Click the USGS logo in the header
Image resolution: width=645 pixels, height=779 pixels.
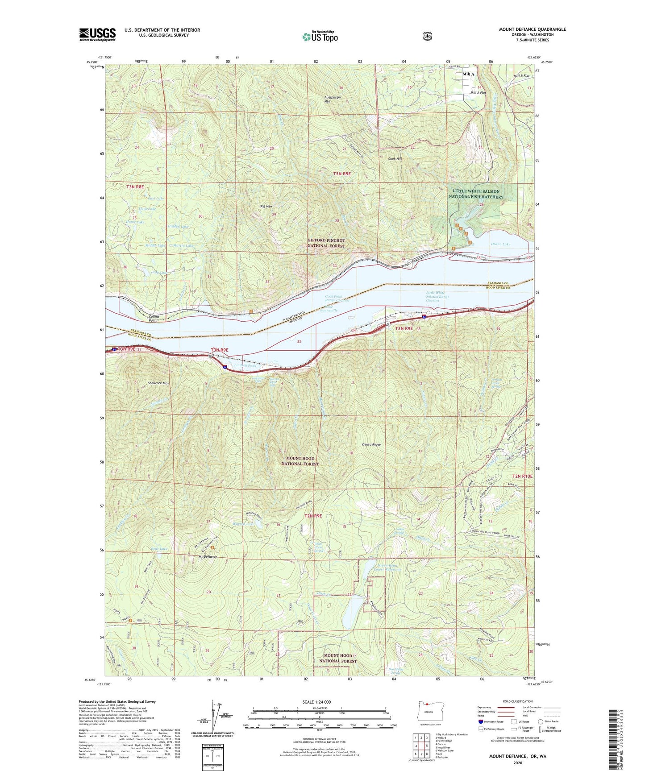click(x=97, y=34)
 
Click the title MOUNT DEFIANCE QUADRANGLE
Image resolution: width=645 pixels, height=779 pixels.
click(x=532, y=29)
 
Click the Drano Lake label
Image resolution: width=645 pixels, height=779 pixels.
click(x=500, y=244)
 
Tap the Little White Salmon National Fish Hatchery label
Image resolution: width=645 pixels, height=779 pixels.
click(x=476, y=194)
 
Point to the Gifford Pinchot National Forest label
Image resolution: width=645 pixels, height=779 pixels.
click(x=326, y=243)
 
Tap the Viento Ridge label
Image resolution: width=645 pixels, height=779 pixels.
click(x=371, y=444)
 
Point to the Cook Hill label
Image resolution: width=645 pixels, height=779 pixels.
click(x=395, y=158)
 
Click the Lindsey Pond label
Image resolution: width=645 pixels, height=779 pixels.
click(x=246, y=365)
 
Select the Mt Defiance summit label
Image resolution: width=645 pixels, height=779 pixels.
click(x=208, y=557)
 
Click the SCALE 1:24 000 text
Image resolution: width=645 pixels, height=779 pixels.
click(x=316, y=702)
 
